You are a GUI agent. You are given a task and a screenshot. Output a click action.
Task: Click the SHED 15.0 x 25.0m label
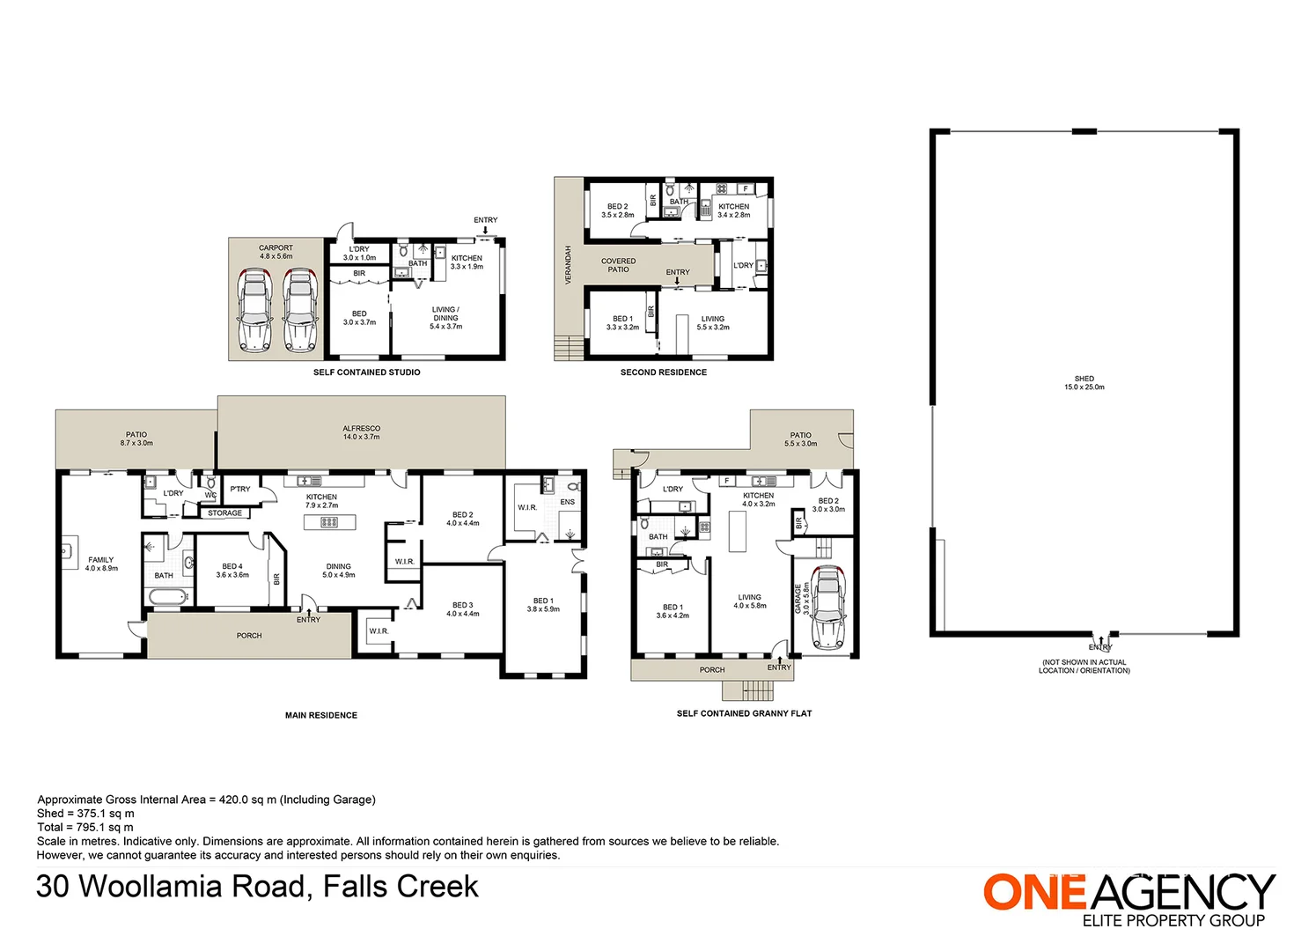[1084, 383]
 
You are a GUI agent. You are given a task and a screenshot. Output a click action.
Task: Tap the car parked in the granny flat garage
[827, 608]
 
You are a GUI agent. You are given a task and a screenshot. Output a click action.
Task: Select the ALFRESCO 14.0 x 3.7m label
[361, 432]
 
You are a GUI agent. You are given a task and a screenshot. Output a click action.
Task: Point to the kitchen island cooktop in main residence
[329, 521]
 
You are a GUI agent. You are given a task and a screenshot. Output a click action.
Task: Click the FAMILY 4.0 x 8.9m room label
[101, 564]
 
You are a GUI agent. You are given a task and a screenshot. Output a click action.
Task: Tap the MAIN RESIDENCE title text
[321, 715]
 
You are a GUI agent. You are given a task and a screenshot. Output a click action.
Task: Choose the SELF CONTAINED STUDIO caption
[366, 372]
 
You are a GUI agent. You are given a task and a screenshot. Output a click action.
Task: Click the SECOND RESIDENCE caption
[664, 372]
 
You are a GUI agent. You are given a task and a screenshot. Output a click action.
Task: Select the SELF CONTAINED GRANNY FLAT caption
[745, 713]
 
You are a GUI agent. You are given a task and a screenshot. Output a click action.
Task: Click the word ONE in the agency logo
[1034, 892]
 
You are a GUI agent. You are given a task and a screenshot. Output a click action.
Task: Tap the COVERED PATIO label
[618, 265]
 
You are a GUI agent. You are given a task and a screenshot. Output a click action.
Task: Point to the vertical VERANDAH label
[568, 264]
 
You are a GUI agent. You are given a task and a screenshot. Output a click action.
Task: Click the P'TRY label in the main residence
[239, 489]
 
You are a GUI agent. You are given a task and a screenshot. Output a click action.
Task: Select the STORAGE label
[224, 513]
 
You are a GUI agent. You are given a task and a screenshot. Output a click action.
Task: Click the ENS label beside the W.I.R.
[568, 502]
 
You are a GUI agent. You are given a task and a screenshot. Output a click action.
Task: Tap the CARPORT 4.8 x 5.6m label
[276, 252]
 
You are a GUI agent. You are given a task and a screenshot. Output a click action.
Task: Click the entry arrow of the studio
[485, 231]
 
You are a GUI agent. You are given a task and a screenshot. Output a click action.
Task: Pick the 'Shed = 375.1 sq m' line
[85, 814]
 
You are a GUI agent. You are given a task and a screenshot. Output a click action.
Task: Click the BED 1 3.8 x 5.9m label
[543, 605]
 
